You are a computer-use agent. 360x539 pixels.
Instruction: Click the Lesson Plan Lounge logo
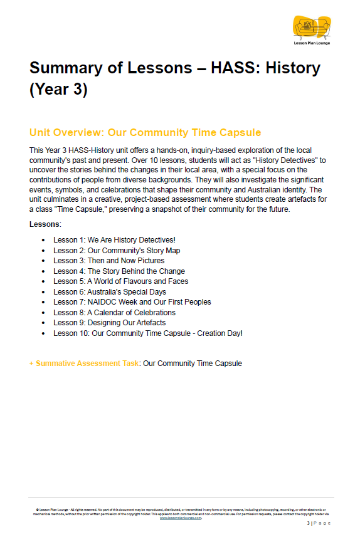tap(312, 29)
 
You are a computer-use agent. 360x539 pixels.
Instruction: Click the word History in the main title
tap(285, 68)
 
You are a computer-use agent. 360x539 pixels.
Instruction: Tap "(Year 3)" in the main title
tap(58, 90)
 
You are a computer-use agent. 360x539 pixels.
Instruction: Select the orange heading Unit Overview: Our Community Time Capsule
tap(145, 133)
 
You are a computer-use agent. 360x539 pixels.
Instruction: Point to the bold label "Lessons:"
tap(45, 224)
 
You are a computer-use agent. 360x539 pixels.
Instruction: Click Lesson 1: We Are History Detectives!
tap(114, 240)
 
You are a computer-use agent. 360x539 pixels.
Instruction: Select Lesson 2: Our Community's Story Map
tap(117, 250)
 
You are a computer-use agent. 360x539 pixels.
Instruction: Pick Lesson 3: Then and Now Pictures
tap(109, 261)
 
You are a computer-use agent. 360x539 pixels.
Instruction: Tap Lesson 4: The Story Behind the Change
tap(119, 271)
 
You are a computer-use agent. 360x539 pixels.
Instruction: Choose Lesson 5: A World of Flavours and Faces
tap(120, 281)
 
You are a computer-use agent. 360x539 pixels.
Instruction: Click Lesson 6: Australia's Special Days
tap(110, 291)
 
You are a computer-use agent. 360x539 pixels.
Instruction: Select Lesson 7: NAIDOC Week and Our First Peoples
tap(132, 302)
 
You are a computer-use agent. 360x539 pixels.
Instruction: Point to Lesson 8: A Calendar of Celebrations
tap(114, 312)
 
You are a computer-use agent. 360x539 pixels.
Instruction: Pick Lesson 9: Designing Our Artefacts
tap(109, 323)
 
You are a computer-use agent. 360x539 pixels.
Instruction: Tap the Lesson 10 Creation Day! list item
tap(147, 333)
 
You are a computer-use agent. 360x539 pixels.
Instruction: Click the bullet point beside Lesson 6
tap(43, 292)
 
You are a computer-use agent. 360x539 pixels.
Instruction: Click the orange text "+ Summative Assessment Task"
tap(83, 364)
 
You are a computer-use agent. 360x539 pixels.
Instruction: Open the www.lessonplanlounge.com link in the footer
tap(180, 518)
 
